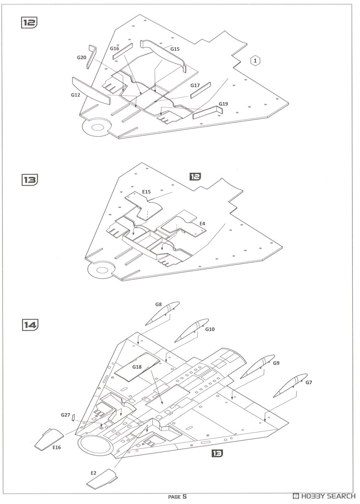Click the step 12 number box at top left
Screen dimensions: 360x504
[29, 23]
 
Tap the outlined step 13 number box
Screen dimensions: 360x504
[30, 180]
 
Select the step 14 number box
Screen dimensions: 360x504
[30, 325]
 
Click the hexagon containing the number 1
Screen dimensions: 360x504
[255, 60]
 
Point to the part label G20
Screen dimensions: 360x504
[81, 58]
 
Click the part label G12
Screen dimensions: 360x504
[75, 95]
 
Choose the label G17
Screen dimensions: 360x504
[195, 85]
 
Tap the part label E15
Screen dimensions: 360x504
[146, 192]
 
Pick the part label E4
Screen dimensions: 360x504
[202, 223]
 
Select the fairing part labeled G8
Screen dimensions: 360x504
[162, 313]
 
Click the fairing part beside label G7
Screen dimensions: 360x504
[290, 385]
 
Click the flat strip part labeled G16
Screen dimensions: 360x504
[123, 51]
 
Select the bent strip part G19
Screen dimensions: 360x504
[208, 112]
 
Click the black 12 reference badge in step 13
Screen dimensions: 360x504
[195, 177]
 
